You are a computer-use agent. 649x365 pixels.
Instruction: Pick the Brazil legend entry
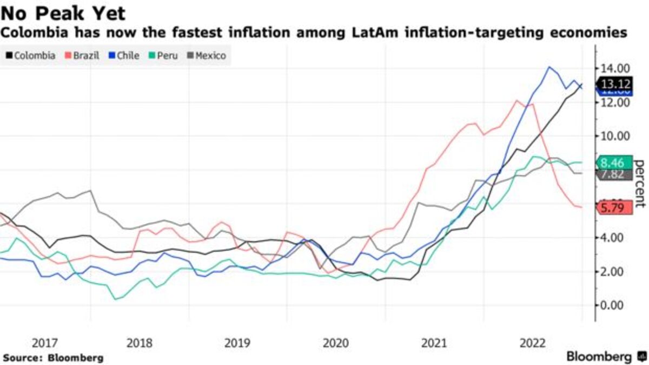pos(82,55)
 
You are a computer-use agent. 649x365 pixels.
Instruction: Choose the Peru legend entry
pos(163,55)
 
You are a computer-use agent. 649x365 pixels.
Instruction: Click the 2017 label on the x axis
pos(45,343)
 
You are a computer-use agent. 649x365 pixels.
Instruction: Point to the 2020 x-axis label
pos(336,343)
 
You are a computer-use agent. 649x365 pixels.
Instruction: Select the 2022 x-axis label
pos(532,343)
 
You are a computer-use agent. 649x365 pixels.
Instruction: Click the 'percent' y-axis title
pos(640,184)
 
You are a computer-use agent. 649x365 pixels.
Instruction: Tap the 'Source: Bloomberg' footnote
pos(52,358)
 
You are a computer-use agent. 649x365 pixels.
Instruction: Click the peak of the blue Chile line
pos(550,67)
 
